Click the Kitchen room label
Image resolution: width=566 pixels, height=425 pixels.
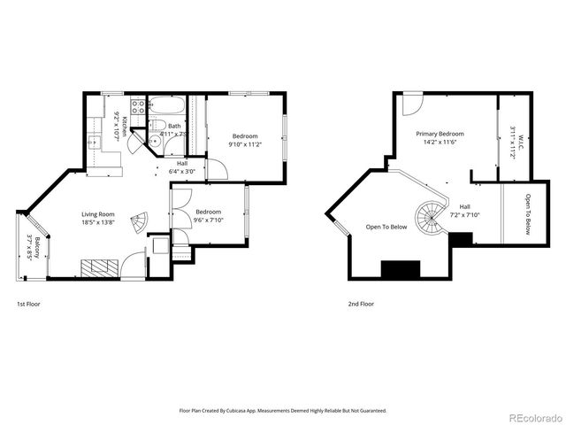click(x=125, y=125)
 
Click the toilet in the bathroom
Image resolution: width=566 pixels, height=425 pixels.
click(x=154, y=140)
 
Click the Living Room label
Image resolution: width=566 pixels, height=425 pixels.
click(x=99, y=214)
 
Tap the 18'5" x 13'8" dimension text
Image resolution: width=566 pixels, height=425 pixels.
click(x=99, y=223)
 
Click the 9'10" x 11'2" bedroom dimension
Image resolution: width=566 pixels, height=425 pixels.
click(x=243, y=144)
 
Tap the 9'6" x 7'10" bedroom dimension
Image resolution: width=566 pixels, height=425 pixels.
click(x=209, y=220)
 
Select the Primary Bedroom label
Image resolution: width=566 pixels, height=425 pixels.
click(x=440, y=134)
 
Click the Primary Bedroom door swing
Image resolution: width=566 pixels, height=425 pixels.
click(x=411, y=104)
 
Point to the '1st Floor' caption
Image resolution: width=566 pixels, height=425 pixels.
click(x=28, y=304)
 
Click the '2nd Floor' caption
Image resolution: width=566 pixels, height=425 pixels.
click(x=361, y=304)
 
